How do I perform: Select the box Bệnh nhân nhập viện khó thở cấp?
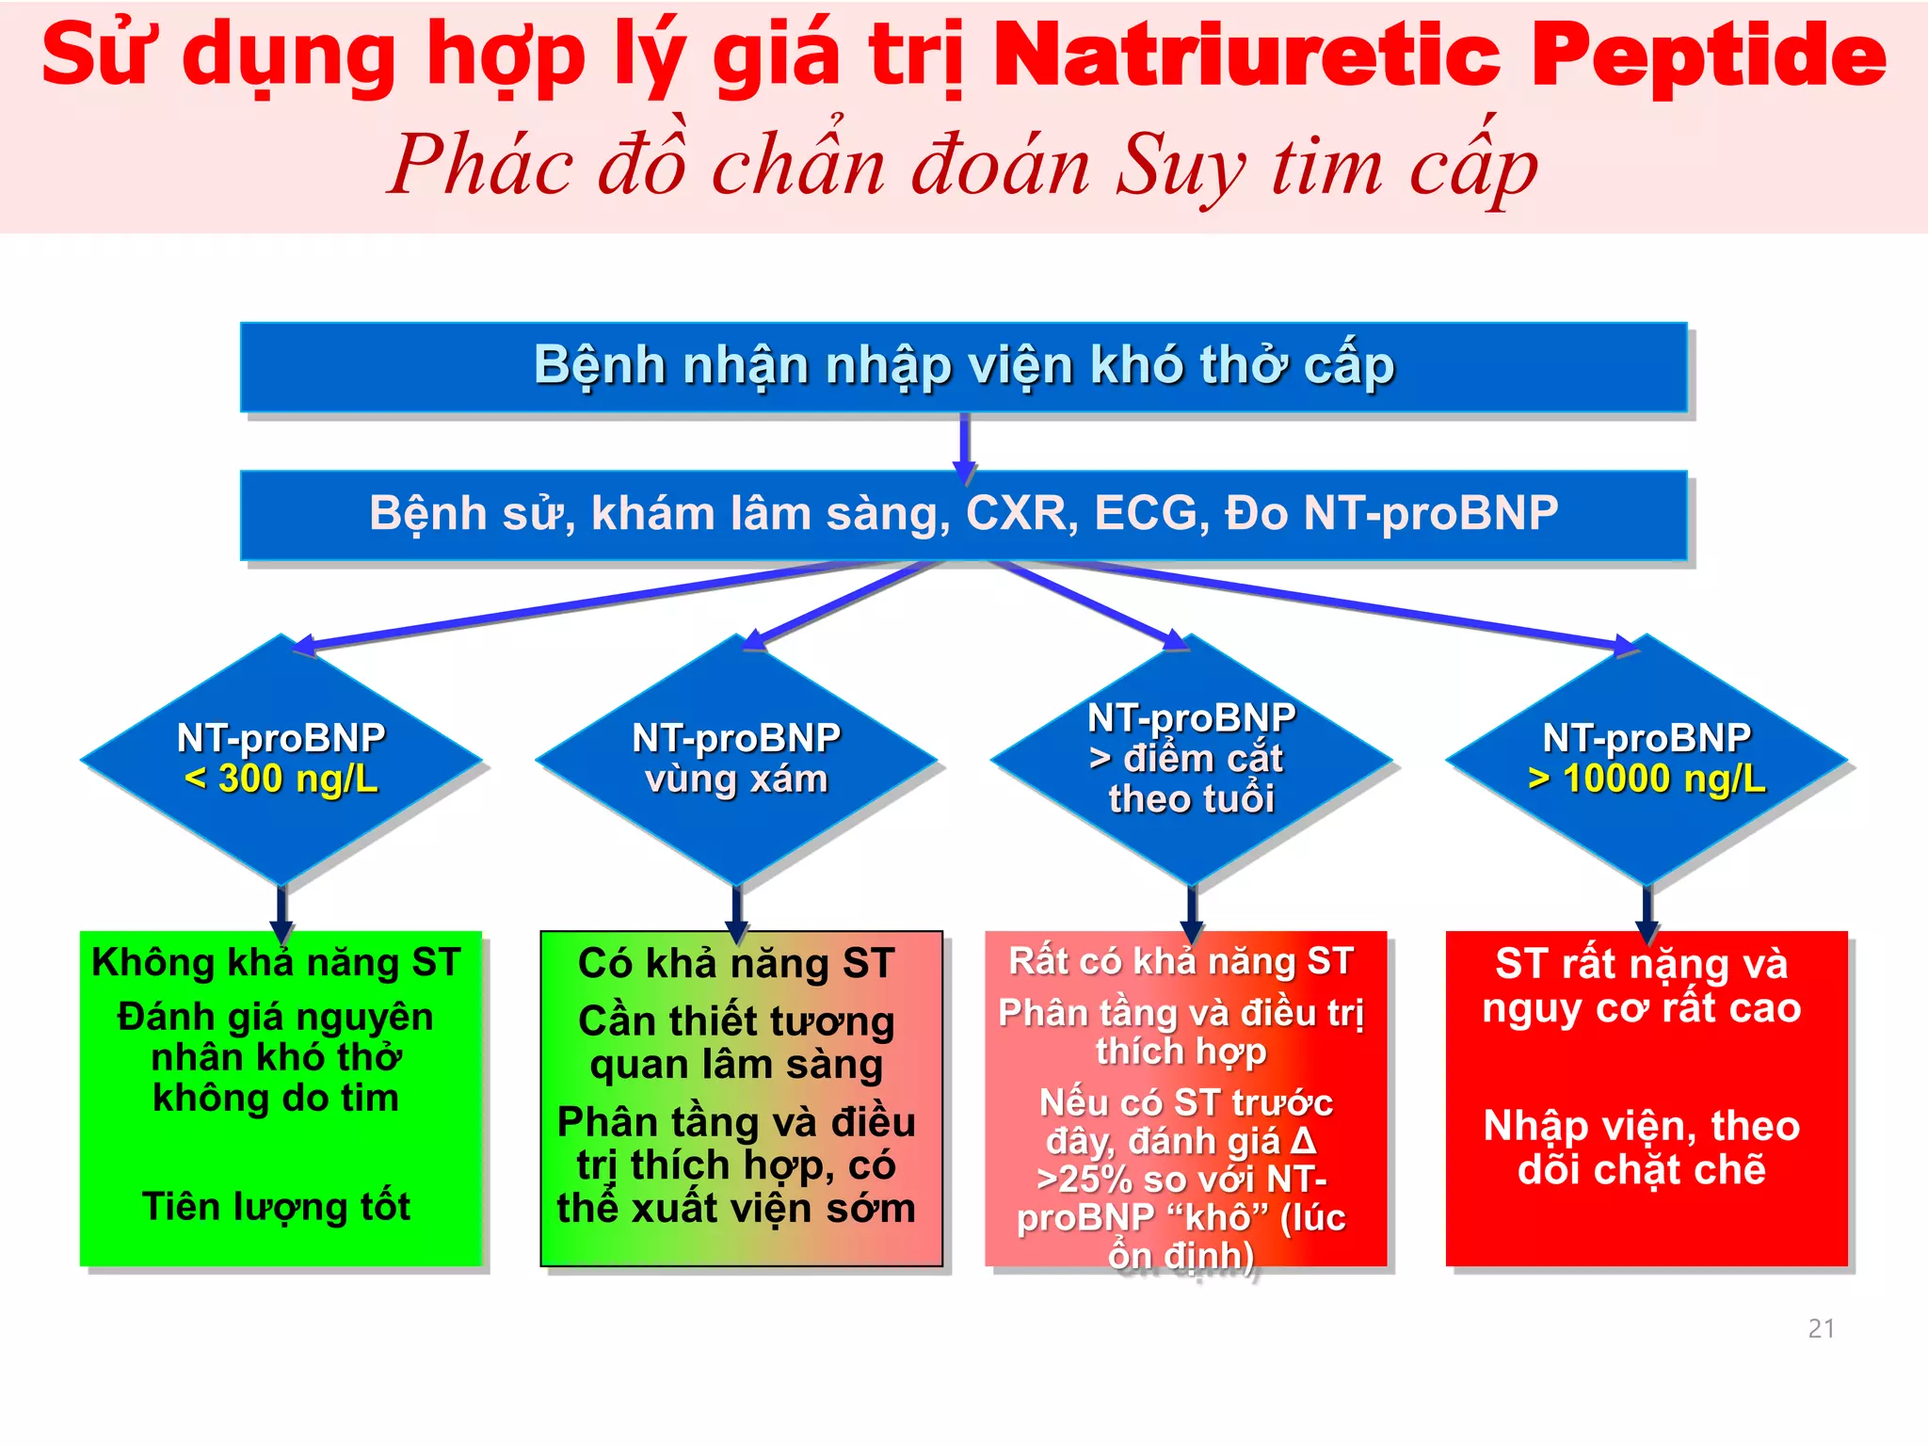[963, 366]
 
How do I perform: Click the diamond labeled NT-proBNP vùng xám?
[736, 759]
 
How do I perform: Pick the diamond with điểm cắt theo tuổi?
[1191, 759]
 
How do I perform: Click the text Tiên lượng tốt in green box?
[276, 1207]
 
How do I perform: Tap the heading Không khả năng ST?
[276, 962]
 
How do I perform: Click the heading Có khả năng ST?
[735, 964]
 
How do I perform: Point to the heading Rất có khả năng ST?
[1181, 961]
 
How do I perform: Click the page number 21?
[1821, 1328]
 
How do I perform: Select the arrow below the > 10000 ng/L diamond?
[1647, 911]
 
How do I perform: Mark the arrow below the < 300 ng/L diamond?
[281, 911]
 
